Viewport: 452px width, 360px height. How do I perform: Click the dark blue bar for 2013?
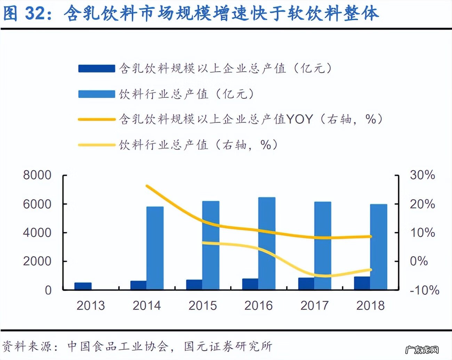coord(83,286)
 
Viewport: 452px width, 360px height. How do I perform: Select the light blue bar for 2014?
coord(155,248)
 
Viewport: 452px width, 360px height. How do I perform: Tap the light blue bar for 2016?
coord(267,243)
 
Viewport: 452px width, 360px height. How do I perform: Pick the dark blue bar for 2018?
coord(362,283)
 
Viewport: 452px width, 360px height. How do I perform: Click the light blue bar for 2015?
coord(211,245)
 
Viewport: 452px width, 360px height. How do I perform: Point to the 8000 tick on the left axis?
coord(37,175)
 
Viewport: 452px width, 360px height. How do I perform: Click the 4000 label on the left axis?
coord(37,232)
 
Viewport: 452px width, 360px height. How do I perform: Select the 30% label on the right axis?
coord(422,175)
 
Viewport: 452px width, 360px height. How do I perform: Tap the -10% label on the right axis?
coord(424,290)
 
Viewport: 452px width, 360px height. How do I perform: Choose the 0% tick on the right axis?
coord(419,261)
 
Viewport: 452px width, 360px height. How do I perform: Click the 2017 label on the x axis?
coord(314,305)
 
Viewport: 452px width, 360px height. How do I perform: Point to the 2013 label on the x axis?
coord(90,305)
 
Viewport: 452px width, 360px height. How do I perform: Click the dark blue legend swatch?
coord(96,68)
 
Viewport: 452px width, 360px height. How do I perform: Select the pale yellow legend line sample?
coord(96,145)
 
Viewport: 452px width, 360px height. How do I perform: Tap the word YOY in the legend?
coord(299,119)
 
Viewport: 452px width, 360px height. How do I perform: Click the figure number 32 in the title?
coord(35,13)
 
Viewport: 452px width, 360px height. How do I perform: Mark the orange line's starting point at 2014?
coord(147,186)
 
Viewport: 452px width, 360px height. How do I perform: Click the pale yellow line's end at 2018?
coord(370,270)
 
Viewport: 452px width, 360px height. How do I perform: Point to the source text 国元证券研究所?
coord(228,346)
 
